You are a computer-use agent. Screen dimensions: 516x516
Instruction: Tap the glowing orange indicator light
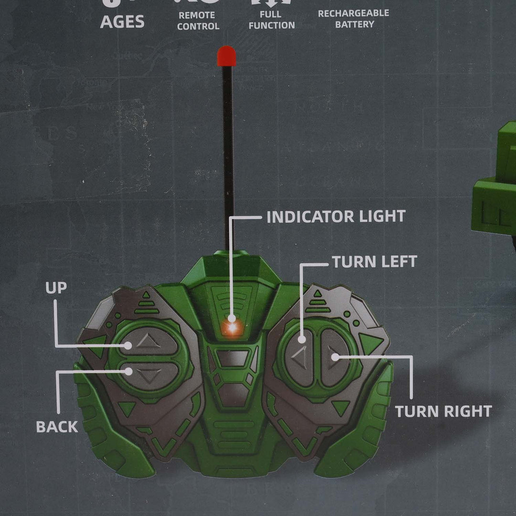[233, 327]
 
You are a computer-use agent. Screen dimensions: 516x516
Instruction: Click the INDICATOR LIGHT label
[336, 216]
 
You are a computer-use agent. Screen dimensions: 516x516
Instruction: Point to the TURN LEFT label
[375, 261]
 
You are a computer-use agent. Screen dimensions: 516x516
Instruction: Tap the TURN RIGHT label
[443, 411]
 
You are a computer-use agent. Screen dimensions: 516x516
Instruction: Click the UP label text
[56, 288]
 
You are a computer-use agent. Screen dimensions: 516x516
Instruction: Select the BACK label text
[57, 427]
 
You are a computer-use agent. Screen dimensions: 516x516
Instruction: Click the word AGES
[122, 22]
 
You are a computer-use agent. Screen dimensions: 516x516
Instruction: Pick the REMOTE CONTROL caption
[198, 21]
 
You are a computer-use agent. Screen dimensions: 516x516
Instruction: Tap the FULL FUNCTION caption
[271, 20]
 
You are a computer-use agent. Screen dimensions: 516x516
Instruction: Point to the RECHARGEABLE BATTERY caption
[354, 19]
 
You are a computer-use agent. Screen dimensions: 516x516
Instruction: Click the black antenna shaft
[228, 153]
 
